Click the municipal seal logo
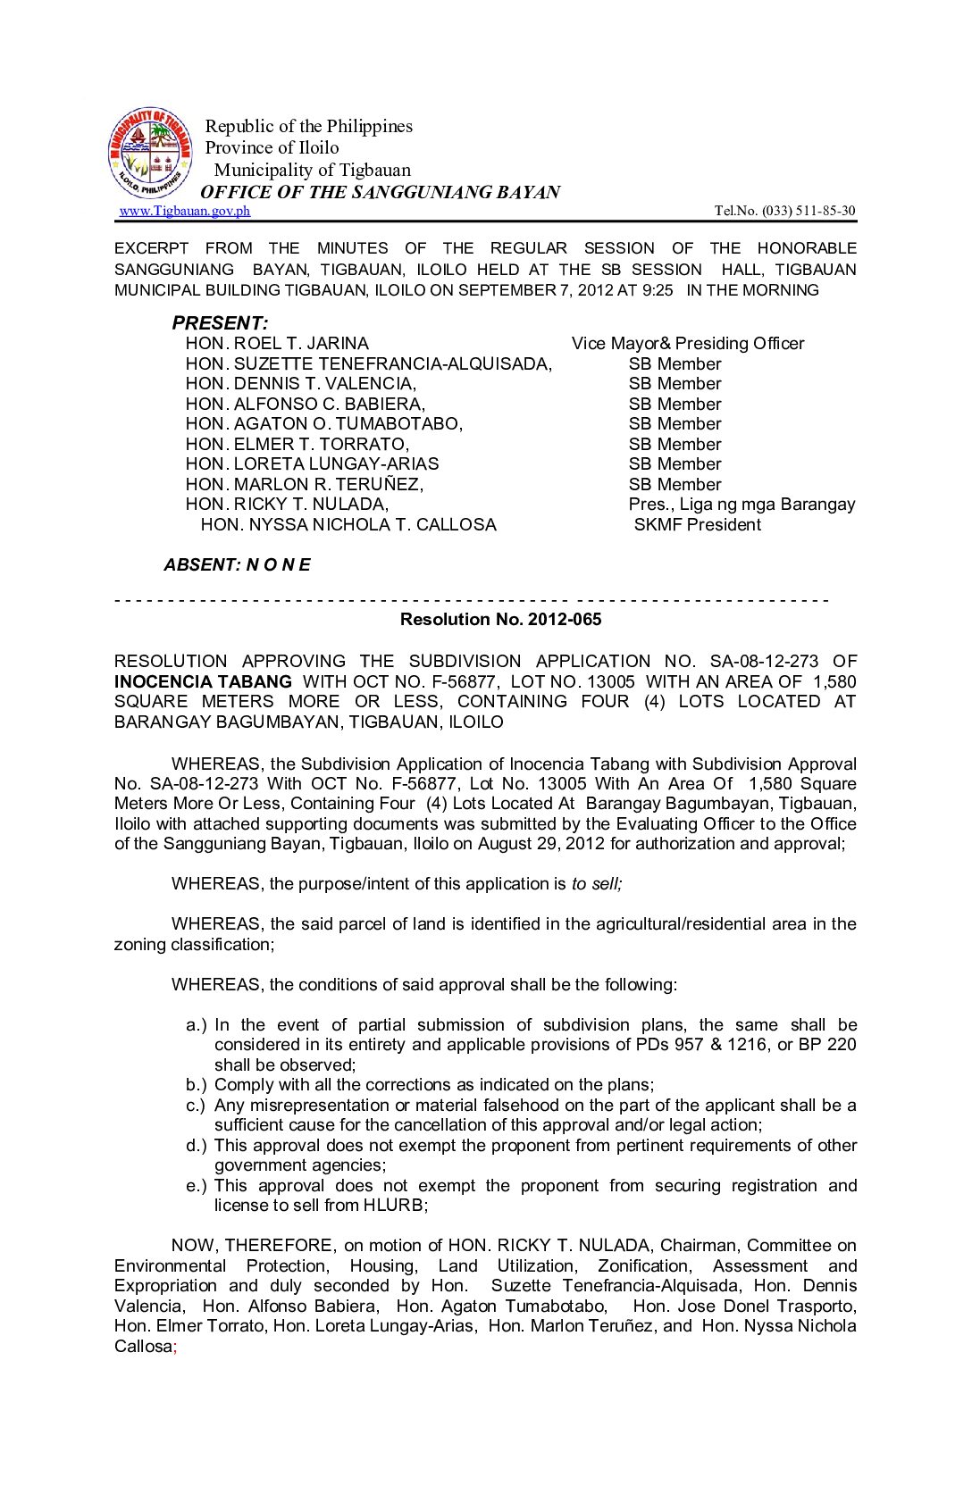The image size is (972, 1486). pyautogui.click(x=150, y=153)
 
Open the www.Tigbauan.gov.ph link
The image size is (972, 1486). pyautogui.click(x=184, y=211)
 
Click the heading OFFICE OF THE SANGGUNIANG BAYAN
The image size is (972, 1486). pyautogui.click(x=380, y=192)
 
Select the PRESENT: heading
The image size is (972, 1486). pyautogui.click(x=220, y=323)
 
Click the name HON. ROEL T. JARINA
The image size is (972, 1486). pyautogui.click(x=277, y=344)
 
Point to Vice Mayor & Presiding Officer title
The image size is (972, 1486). pyautogui.click(x=687, y=344)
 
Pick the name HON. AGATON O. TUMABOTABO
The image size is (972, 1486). pyautogui.click(x=323, y=424)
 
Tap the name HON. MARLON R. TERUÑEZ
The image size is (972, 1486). pyautogui.click(x=304, y=484)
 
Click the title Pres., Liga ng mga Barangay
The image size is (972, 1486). pyautogui.click(x=742, y=505)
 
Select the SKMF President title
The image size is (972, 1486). pyautogui.click(x=697, y=525)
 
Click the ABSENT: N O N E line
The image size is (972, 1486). pyautogui.click(x=237, y=564)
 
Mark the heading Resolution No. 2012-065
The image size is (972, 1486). pyautogui.click(x=500, y=620)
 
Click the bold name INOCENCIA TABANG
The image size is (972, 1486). pyautogui.click(x=203, y=681)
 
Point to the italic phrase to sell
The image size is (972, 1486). pyautogui.click(x=596, y=884)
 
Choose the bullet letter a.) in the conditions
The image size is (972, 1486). pyautogui.click(x=196, y=1025)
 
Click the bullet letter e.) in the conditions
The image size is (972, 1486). pyautogui.click(x=196, y=1186)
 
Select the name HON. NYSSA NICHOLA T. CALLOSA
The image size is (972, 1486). pyautogui.click(x=348, y=525)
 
